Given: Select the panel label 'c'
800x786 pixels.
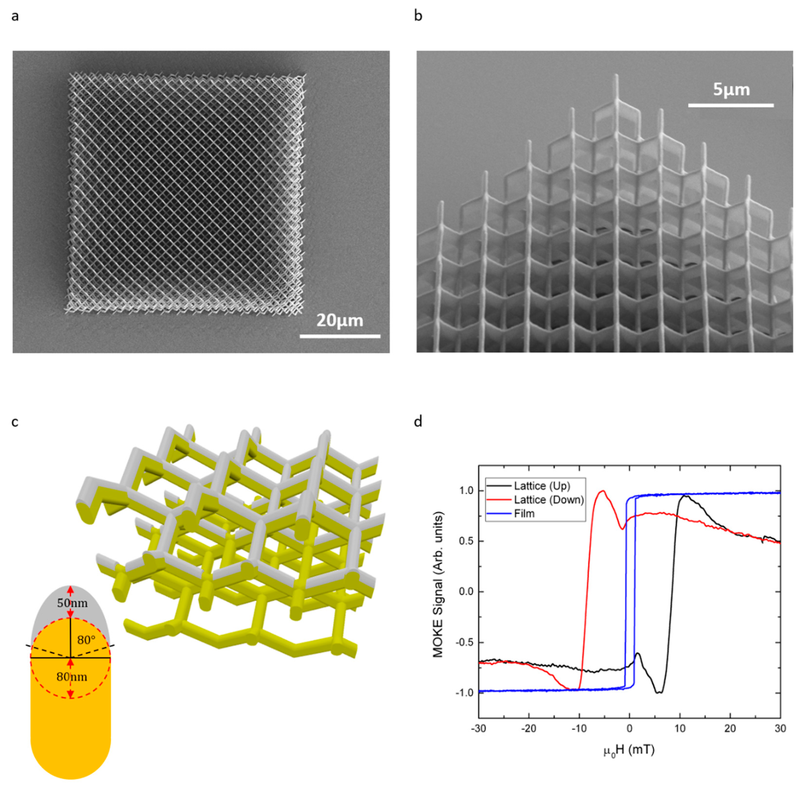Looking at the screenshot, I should click(15, 422).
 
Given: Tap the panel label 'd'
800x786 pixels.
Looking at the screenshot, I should click(418, 422).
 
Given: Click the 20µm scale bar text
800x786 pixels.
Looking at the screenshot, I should click(340, 321).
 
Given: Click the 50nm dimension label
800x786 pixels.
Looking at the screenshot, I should click(72, 603).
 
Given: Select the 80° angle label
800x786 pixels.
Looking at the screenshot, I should click(86, 640).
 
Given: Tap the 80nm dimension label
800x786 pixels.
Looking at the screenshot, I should click(72, 677).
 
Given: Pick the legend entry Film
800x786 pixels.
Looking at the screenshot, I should click(524, 514).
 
